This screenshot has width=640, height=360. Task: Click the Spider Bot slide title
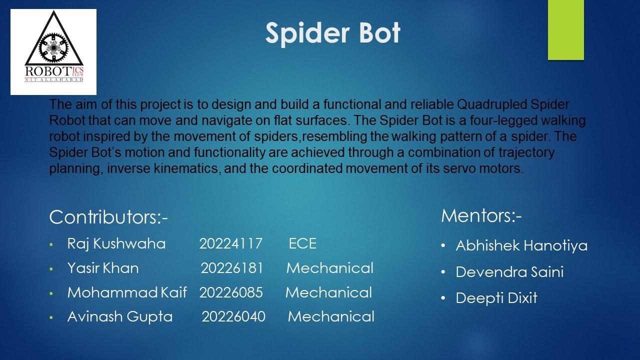(332, 33)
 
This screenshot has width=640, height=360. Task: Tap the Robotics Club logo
(53, 52)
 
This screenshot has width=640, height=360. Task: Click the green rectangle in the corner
(565, 30)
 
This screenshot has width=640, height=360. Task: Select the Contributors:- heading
(108, 217)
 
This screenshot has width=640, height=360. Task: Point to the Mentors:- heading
(481, 215)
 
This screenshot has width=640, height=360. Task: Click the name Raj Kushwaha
(116, 243)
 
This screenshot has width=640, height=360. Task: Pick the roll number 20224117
(230, 243)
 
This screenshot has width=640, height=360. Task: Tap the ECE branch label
(302, 243)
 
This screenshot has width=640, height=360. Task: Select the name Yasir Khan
(103, 268)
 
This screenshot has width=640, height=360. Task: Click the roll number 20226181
(232, 268)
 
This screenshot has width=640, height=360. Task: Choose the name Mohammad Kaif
(127, 292)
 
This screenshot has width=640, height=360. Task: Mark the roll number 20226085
(231, 292)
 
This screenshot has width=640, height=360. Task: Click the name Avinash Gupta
(120, 316)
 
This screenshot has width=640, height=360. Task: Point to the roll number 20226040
(233, 316)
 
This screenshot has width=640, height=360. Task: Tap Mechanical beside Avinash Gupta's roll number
(331, 316)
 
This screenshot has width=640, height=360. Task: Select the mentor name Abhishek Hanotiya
(521, 245)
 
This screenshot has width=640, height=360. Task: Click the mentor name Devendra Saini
(509, 272)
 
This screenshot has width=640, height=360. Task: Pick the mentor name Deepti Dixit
(496, 298)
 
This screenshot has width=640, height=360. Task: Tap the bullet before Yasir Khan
(50, 269)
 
